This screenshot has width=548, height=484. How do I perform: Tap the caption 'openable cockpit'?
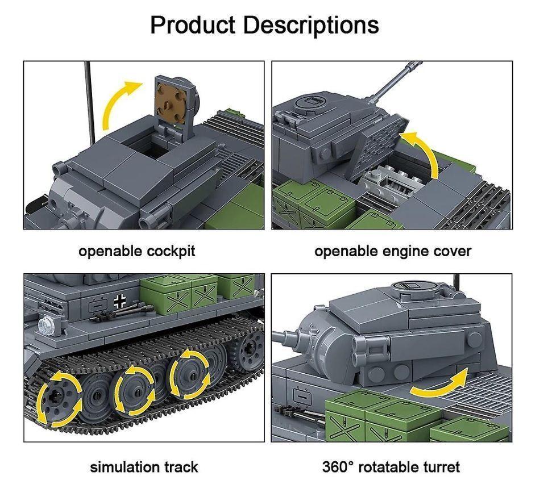tap(136, 251)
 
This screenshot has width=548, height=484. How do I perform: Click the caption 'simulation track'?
tap(144, 467)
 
